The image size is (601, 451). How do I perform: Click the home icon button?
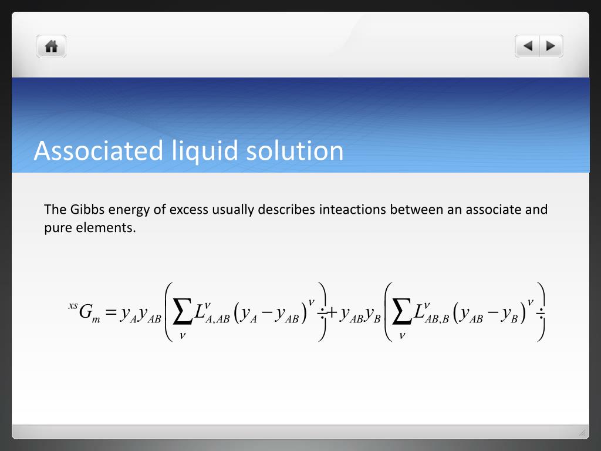pyautogui.click(x=51, y=46)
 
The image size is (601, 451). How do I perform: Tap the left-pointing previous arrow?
pyautogui.click(x=528, y=46)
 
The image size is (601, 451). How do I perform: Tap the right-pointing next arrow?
pyautogui.click(x=551, y=46)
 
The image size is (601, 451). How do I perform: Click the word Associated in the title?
pyautogui.click(x=98, y=150)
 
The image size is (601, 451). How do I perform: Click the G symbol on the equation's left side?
pyautogui.click(x=86, y=312)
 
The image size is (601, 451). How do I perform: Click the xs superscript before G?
pyautogui.click(x=73, y=305)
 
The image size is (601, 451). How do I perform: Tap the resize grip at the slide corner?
pyautogui.click(x=582, y=433)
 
